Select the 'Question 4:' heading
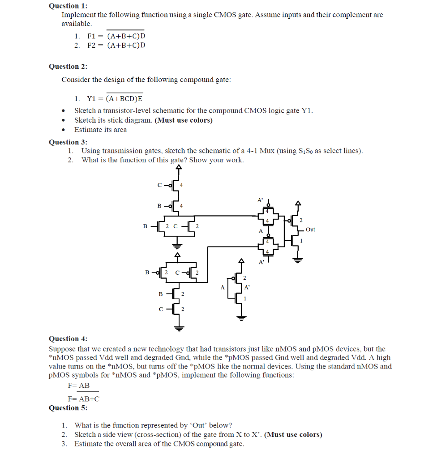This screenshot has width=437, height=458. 68,339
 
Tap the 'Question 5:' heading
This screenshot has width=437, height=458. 68,407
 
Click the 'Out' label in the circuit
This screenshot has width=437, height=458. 310,229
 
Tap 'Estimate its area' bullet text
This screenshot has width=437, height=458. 100,130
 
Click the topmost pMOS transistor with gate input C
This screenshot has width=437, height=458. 176,185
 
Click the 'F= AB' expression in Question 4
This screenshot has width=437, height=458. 79,385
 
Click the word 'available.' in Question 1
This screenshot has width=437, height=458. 77,23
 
